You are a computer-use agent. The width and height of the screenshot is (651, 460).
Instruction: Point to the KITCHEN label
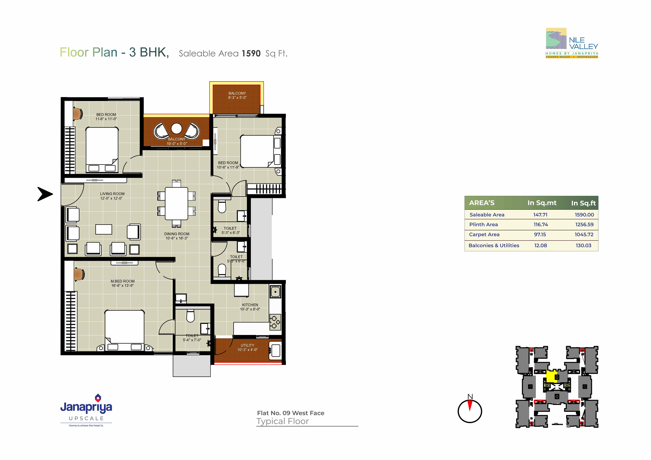[250, 305]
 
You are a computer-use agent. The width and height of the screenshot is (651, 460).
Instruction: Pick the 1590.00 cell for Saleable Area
[584, 215]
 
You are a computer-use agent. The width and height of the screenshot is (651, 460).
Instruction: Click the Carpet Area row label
[484, 235]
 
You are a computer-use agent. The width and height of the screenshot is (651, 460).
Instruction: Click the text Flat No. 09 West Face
[291, 413]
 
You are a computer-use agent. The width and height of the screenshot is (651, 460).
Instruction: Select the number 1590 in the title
[251, 53]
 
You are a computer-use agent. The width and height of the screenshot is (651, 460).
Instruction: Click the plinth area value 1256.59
[584, 225]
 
